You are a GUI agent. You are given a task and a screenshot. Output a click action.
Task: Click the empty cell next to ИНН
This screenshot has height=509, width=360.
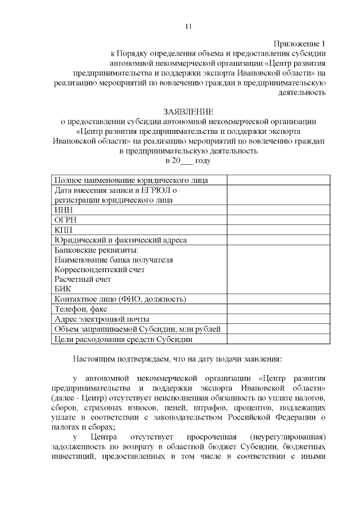[278, 210]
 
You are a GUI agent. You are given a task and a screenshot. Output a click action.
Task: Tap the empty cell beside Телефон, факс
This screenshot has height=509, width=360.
[278, 309]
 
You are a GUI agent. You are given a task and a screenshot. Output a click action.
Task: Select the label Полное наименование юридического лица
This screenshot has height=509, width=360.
[131, 180]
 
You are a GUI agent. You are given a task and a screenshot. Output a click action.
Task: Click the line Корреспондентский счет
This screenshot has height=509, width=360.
[100, 269]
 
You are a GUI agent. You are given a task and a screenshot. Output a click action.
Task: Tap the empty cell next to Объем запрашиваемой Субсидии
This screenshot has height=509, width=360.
[278, 329]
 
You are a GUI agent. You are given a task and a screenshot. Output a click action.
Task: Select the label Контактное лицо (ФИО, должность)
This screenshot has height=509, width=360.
[120, 299]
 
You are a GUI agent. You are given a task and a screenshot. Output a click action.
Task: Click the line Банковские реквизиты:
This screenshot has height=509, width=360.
[96, 250]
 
